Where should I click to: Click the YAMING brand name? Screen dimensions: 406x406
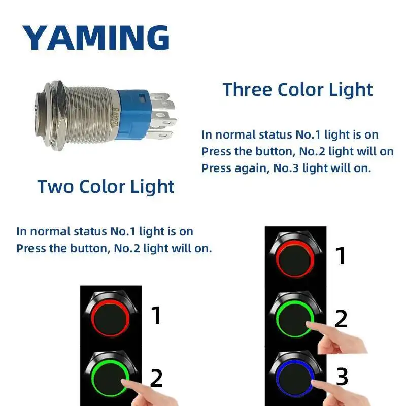[95, 37]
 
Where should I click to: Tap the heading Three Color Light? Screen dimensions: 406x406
[298, 89]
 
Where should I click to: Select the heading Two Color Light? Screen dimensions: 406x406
[106, 186]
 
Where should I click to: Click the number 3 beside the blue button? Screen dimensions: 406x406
[342, 377]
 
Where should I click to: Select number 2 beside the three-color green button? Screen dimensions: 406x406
[341, 319]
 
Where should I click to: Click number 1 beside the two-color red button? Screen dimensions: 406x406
[156, 315]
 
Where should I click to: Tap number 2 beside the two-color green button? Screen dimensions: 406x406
[157, 378]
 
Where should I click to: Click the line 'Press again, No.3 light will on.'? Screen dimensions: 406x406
[286, 168]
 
